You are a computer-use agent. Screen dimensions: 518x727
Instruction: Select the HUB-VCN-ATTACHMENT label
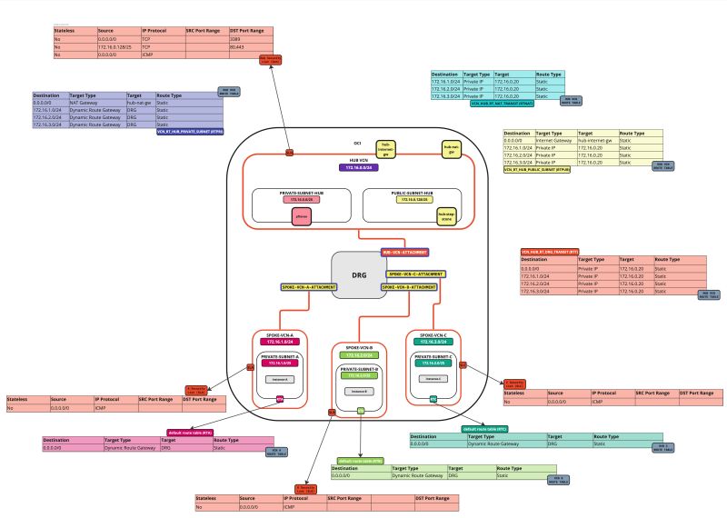[x=403, y=252]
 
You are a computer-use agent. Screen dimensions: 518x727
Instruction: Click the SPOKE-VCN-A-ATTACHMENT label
[x=309, y=286]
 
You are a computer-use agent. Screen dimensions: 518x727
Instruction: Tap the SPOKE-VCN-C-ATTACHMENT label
[x=416, y=274]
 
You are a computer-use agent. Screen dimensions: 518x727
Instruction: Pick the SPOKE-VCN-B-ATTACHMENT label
[x=410, y=286]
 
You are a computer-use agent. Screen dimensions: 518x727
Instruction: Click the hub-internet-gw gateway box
[x=386, y=149]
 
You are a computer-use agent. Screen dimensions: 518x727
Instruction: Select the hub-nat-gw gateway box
[x=450, y=148]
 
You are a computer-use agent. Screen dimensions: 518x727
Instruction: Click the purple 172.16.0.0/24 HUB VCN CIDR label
[x=359, y=168]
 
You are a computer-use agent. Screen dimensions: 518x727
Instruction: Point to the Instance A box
[x=280, y=379]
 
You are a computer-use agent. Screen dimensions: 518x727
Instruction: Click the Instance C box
[x=433, y=379]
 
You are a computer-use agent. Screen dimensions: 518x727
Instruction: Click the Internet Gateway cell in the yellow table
[x=555, y=141]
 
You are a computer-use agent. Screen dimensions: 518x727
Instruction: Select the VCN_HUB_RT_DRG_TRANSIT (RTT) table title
[x=549, y=252]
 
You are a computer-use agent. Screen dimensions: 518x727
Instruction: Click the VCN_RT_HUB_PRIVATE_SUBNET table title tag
[x=190, y=132]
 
